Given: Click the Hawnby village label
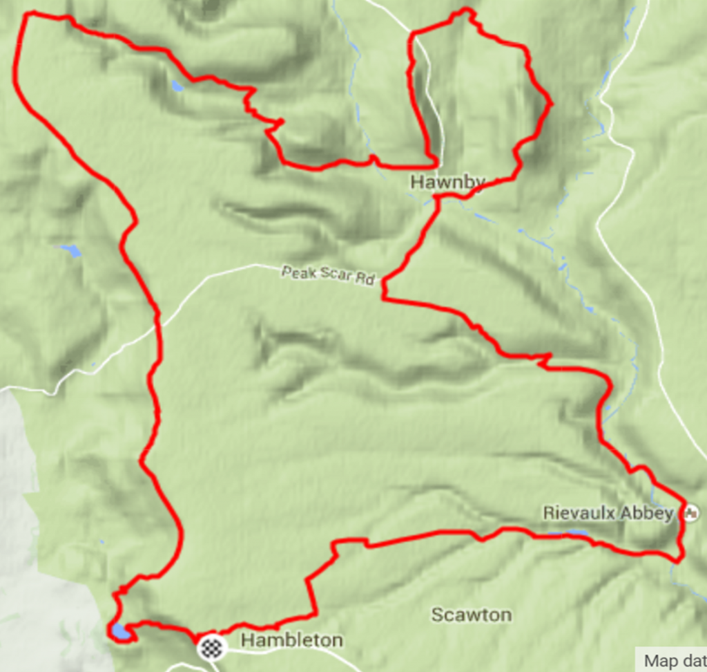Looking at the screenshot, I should [447, 183].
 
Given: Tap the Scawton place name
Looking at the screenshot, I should [472, 615].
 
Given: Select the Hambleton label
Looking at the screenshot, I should [291, 641].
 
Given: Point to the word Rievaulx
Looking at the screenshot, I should [577, 514].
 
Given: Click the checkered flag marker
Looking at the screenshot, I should [212, 646].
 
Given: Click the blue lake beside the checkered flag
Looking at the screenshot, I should [118, 632].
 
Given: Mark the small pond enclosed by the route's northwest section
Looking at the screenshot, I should [177, 86].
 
